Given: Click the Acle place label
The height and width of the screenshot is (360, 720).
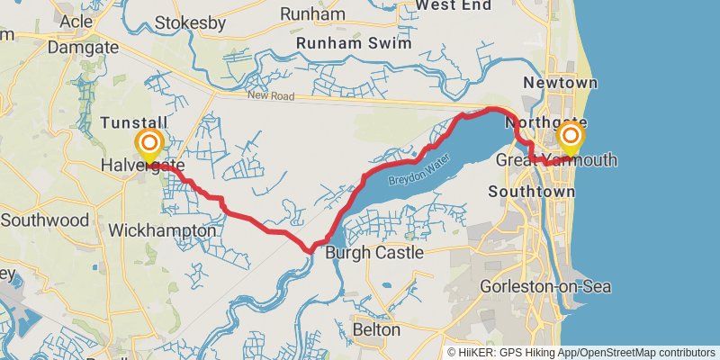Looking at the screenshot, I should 76,21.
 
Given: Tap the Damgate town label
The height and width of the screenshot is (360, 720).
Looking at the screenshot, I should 83,46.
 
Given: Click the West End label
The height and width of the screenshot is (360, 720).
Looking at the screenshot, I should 453,5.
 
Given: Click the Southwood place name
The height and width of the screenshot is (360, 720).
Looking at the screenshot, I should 45,220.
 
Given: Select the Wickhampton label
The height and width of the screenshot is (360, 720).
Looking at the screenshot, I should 162,231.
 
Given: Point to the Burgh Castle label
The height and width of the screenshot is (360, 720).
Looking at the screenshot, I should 374,253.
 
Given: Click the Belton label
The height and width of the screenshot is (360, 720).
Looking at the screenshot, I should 376,329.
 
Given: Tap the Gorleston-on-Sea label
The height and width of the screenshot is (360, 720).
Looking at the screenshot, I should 545,286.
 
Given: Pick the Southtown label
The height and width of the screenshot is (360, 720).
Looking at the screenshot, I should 531,192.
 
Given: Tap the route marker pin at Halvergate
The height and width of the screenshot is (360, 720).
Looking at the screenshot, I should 149,143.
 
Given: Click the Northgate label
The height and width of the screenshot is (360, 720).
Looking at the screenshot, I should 546,122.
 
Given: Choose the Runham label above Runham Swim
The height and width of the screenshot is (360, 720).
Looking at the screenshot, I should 312,13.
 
